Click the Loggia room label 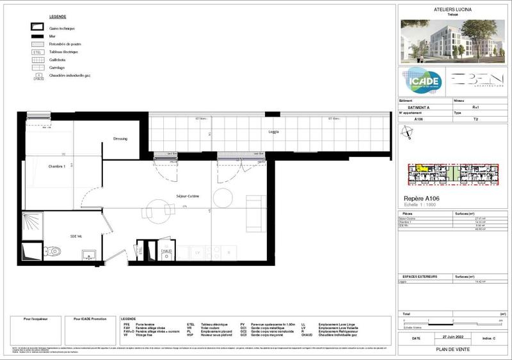(273, 133)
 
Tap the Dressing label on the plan (120, 139)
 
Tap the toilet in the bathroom (55, 251)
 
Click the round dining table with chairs (157, 209)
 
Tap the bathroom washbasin (89, 256)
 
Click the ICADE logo (420, 81)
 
